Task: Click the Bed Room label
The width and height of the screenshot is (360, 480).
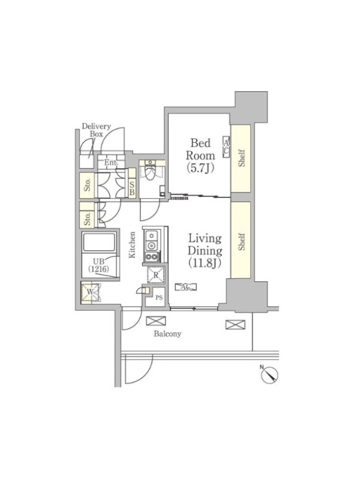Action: (x=200, y=155)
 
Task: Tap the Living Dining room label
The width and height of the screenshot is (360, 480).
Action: (x=205, y=251)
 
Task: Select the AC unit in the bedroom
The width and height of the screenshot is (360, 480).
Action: (x=226, y=146)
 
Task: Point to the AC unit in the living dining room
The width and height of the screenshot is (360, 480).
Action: (x=186, y=287)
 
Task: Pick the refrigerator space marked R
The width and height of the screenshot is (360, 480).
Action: (x=156, y=275)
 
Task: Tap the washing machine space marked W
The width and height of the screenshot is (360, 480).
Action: (x=91, y=292)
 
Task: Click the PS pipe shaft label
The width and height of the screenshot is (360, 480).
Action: (x=159, y=298)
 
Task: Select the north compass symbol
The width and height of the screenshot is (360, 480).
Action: (x=269, y=373)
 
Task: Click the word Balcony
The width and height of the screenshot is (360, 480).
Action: (x=167, y=334)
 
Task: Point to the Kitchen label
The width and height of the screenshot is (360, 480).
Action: (x=132, y=245)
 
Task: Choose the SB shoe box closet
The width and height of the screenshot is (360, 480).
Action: (x=132, y=183)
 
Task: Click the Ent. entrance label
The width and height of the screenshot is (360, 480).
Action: (x=112, y=163)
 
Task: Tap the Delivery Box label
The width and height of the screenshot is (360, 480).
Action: (x=97, y=130)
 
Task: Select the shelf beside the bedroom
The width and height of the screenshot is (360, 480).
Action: (x=241, y=158)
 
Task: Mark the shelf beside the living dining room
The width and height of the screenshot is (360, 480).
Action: (x=241, y=239)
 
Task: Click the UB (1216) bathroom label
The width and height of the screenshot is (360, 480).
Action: (x=99, y=265)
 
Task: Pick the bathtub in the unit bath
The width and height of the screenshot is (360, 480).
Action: (x=99, y=242)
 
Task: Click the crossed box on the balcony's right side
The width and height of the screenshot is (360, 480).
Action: (x=235, y=325)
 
